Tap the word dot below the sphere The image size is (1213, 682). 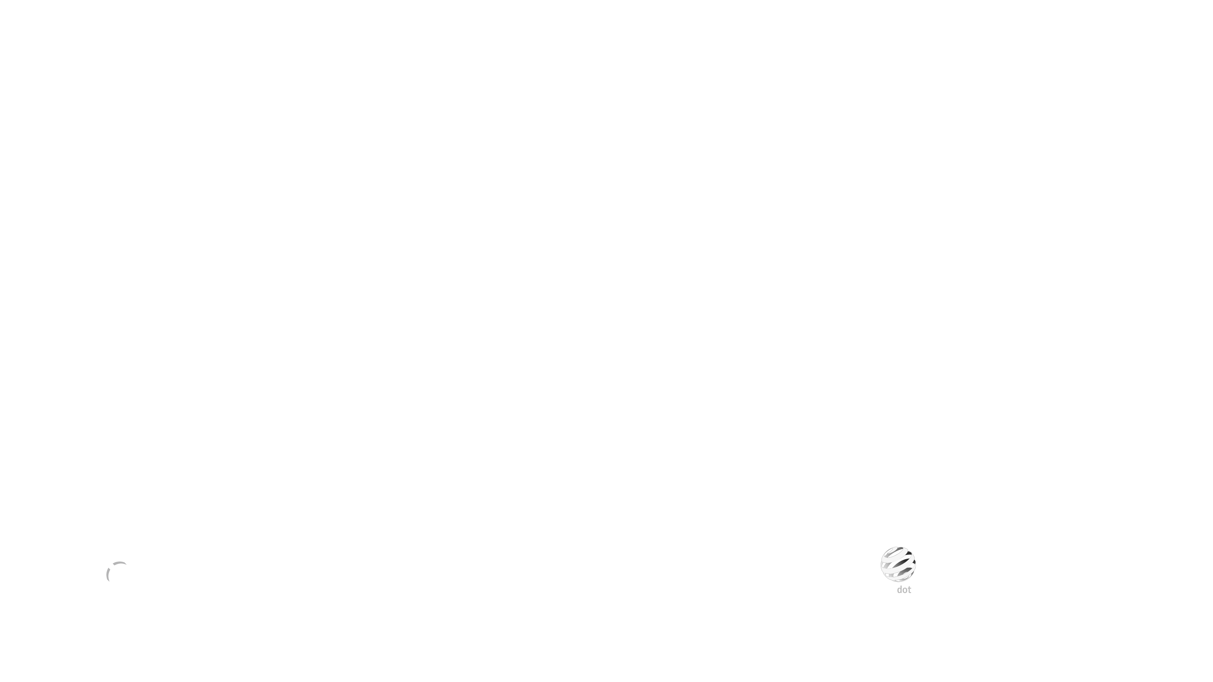(904, 590)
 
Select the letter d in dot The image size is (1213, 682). (899, 590)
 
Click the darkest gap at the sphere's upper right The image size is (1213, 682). (908, 553)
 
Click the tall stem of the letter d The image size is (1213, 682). (901, 590)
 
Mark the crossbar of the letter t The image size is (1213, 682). (910, 588)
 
